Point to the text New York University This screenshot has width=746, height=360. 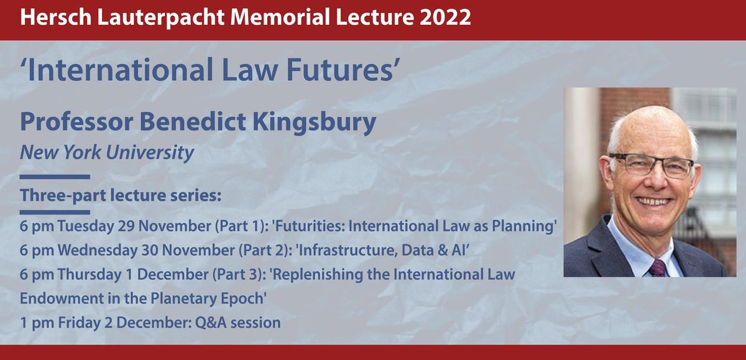pos(107,152)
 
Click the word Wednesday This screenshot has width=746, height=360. pos(94,250)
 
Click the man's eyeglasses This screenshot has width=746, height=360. pos(651,165)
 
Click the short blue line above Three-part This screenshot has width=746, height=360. pos(55,177)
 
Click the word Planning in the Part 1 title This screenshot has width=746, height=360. pos(526,226)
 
